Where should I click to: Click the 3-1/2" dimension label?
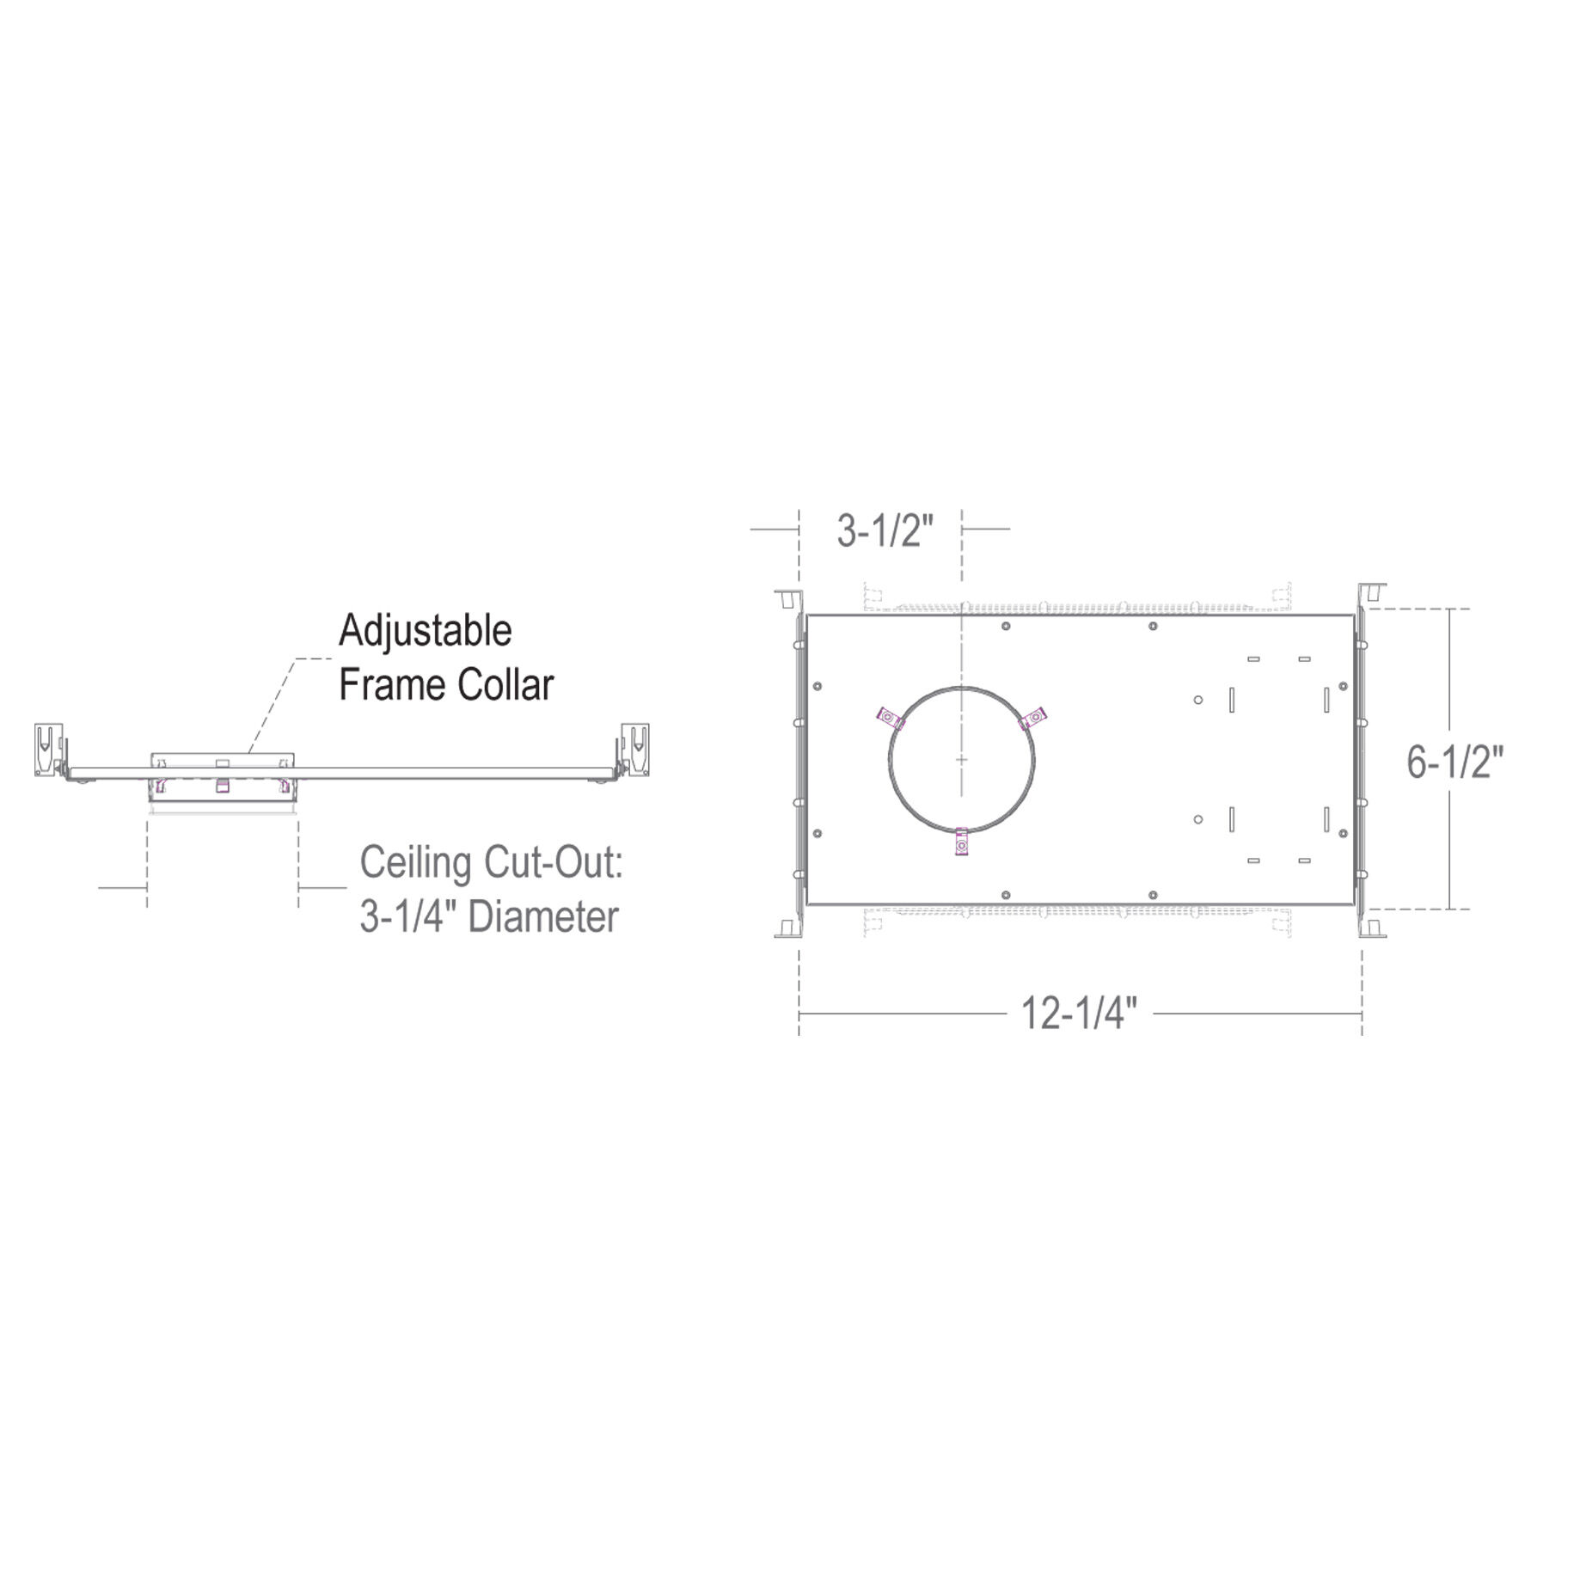coord(885,531)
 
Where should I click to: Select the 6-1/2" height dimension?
coord(1455,761)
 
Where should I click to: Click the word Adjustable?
coord(426,633)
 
